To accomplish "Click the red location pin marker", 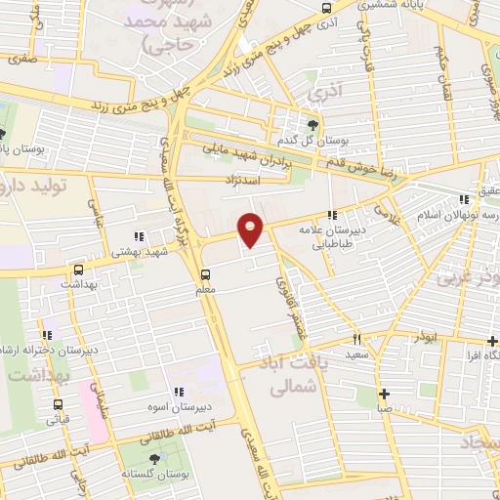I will click(x=251, y=230).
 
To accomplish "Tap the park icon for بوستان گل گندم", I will click(x=312, y=125).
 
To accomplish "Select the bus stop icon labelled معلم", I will click(x=205, y=274).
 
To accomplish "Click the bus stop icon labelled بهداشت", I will click(x=78, y=268).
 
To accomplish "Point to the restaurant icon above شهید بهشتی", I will click(x=138, y=235).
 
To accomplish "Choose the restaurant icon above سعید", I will click(x=357, y=339).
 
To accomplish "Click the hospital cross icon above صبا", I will click(x=387, y=393).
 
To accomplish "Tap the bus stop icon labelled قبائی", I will click(x=58, y=404).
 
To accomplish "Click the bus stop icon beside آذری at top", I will click(x=327, y=7).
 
